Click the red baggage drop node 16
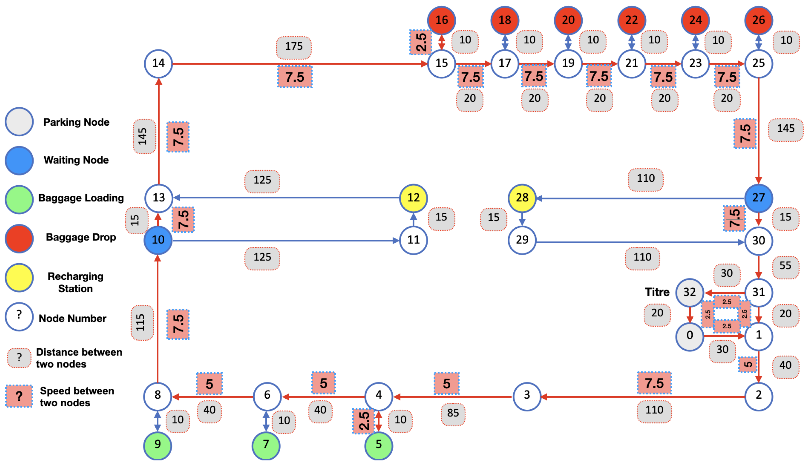coord(442,20)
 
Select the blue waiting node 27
coord(758,198)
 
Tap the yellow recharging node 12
coord(413,198)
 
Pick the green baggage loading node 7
coord(266,445)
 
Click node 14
coord(158,63)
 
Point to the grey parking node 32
coord(690,292)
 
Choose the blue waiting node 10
coord(158,240)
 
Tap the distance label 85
coord(453,413)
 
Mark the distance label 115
coord(141,322)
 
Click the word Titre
coord(657,292)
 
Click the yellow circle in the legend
coord(19,278)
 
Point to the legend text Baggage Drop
coord(81,237)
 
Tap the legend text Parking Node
coord(76,122)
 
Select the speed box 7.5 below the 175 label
coord(295,77)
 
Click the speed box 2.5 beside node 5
coord(364,421)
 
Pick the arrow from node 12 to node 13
coord(287,198)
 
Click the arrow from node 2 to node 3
coord(644,397)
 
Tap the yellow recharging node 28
coord(522,198)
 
